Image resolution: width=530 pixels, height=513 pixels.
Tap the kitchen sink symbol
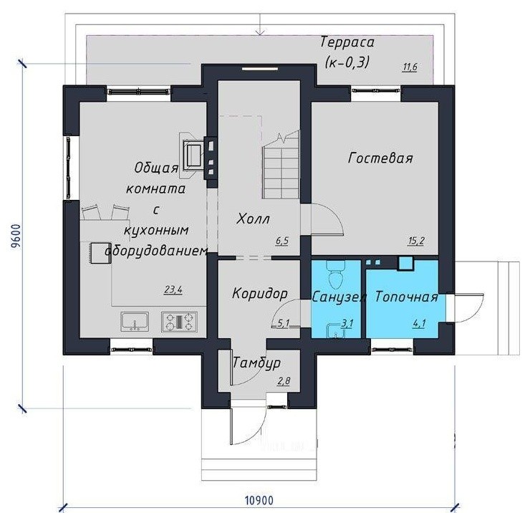tap(135, 322)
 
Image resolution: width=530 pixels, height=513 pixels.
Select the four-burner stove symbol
tap(179, 322)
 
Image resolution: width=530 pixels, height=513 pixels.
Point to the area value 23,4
tap(173, 289)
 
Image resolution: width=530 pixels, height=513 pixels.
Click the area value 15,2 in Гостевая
tap(416, 241)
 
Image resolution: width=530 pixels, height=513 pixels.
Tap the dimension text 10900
tap(259, 500)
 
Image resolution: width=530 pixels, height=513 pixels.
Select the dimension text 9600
tap(16, 236)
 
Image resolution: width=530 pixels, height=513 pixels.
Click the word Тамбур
tap(257, 363)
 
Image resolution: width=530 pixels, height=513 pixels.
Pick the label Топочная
tap(407, 297)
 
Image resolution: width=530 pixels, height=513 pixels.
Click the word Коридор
tap(260, 294)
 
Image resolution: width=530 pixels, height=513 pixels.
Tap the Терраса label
tap(347, 42)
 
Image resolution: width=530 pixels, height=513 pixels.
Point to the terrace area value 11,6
tap(410, 67)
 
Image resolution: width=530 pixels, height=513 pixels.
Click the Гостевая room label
tap(380, 158)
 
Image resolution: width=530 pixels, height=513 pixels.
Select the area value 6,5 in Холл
tap(282, 241)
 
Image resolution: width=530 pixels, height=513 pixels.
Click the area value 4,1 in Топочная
tap(419, 324)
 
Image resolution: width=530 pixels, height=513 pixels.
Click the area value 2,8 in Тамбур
tap(284, 381)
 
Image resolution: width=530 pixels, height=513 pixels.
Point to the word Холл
tap(253, 219)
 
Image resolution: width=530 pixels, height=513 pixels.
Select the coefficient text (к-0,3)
tap(347, 62)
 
